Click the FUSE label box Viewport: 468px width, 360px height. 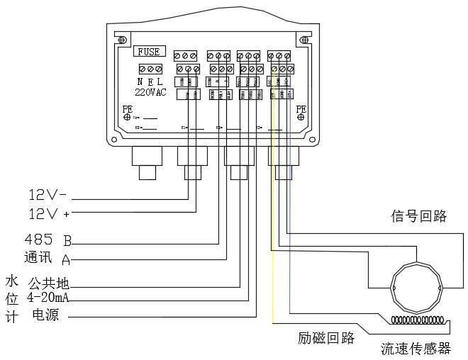tap(149, 52)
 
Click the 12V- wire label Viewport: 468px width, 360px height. tap(48, 194)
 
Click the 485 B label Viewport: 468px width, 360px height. tap(48, 239)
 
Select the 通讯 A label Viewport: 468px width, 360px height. tap(48, 258)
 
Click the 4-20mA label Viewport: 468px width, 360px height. tap(48, 297)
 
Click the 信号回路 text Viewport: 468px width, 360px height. tap(419, 217)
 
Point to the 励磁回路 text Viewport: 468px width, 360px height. tap(326, 338)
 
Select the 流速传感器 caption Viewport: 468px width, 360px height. tap(416, 349)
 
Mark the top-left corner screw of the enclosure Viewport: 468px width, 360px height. tap(123, 39)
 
